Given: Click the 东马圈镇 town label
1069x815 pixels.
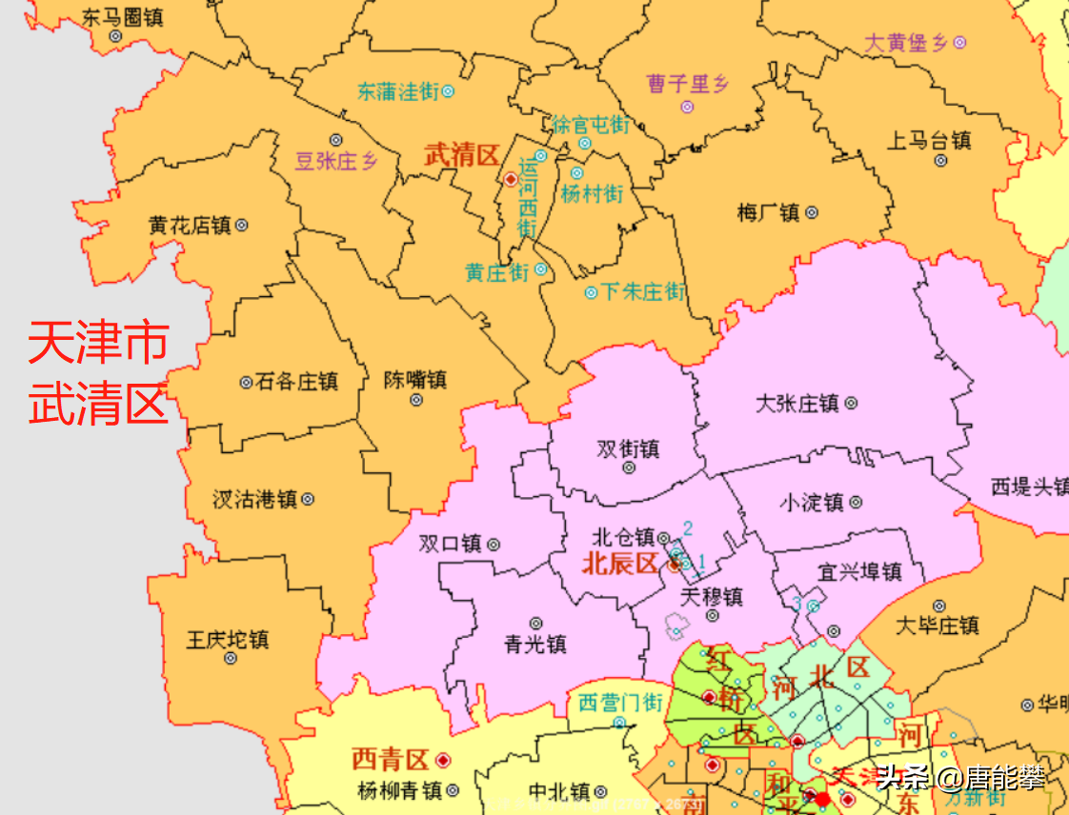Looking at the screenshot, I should (122, 16).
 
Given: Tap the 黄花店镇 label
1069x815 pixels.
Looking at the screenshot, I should (190, 226).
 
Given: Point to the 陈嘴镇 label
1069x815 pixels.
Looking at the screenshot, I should (415, 379).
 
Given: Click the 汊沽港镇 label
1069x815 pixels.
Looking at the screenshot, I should (254, 499).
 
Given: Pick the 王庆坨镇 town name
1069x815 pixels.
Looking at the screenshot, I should (227, 639).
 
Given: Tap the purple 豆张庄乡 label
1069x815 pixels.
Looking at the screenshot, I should (336, 161).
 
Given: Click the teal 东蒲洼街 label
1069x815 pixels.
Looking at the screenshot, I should (398, 91).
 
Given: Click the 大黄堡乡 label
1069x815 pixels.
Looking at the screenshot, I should (907, 43).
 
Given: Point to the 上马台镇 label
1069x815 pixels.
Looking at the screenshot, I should (929, 141).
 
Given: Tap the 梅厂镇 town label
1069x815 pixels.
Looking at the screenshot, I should (768, 212).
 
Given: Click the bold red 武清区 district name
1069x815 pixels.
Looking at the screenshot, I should (461, 156).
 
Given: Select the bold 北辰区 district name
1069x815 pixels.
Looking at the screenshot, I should (619, 564).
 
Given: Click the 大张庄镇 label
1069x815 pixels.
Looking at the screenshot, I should (797, 403).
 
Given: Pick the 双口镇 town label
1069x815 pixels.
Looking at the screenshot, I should (450, 544).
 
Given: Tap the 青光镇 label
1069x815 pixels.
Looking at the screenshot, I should (535, 645).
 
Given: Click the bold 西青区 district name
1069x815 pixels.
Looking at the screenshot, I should (391, 760).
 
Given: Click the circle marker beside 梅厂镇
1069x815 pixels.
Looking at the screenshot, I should (812, 212).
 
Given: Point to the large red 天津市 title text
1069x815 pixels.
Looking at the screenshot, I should (98, 343).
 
